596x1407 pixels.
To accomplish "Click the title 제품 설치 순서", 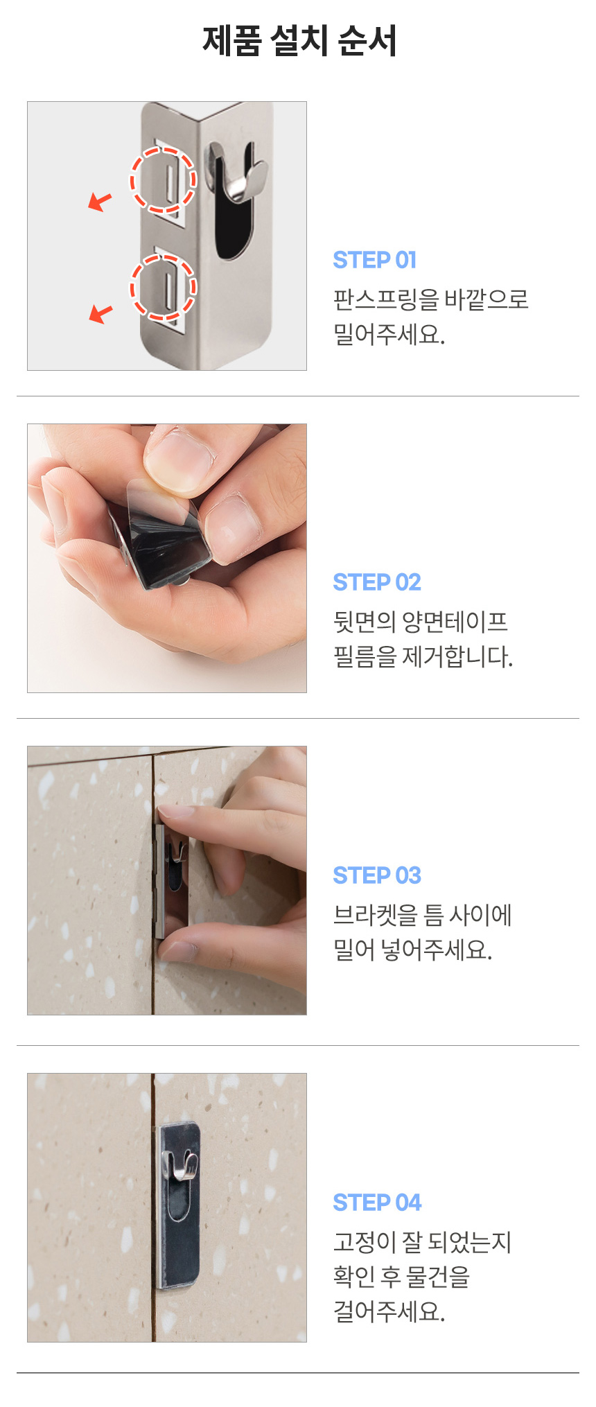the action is pos(299,40).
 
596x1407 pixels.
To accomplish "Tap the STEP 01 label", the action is pos(375,260).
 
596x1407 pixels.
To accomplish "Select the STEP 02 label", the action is pos(377,582).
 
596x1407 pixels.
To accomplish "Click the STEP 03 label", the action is pos(377,875).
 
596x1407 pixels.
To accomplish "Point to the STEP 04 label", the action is pos(377,1203).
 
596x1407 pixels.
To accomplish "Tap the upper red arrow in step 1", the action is pos(100,202).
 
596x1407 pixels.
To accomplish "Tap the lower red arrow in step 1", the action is pos(100,314).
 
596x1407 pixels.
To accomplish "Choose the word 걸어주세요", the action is pos(389,1311).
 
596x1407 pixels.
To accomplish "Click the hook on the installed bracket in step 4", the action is pos(178,1164).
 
